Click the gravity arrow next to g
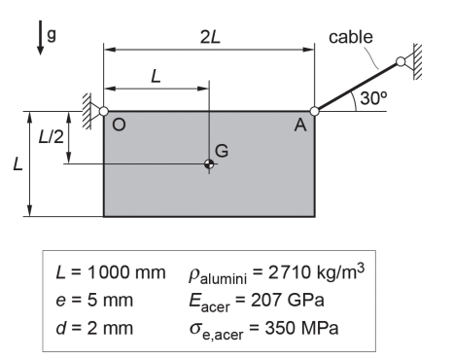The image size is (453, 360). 41,37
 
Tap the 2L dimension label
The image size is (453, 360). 210,37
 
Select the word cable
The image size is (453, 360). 351,37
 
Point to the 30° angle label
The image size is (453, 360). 373,98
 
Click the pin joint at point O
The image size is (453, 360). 103,111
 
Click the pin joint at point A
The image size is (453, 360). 314,111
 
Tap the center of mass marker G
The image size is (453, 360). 209,164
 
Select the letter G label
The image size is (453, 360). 222,151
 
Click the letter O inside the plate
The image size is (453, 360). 119,125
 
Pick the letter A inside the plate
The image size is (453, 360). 300,125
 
